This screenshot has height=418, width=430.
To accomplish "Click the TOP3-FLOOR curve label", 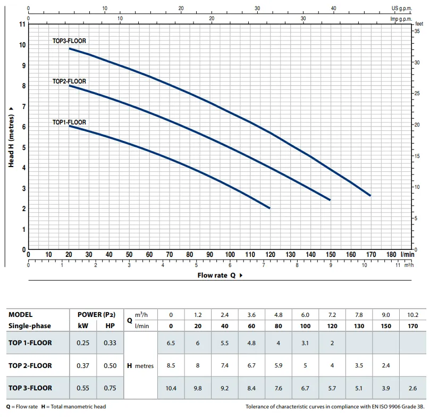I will tap(69, 41).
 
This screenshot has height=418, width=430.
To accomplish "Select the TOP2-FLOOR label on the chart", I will tap(69, 81).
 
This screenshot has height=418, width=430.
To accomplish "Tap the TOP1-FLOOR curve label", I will tap(69, 122).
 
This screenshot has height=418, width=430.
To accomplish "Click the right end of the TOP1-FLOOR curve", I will tap(269, 208).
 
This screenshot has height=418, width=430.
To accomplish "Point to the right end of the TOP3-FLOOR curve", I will tap(370, 195).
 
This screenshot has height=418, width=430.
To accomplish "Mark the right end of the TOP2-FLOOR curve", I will tap(330, 199).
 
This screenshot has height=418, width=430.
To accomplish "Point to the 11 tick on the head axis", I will tap(22, 24).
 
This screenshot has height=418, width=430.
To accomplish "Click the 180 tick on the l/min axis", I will tap(391, 255).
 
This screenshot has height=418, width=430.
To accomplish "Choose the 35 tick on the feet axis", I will tap(417, 31).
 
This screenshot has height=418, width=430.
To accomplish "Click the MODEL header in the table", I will tap(20, 315).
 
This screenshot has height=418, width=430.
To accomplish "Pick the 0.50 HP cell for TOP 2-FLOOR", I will tap(110, 365).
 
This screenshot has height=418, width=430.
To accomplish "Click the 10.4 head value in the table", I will tap(171, 388).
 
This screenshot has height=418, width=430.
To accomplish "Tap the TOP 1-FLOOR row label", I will tap(30, 343).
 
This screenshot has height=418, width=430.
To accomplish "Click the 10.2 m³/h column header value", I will tap(412, 315).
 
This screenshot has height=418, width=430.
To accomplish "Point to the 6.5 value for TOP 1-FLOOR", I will tap(171, 343).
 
